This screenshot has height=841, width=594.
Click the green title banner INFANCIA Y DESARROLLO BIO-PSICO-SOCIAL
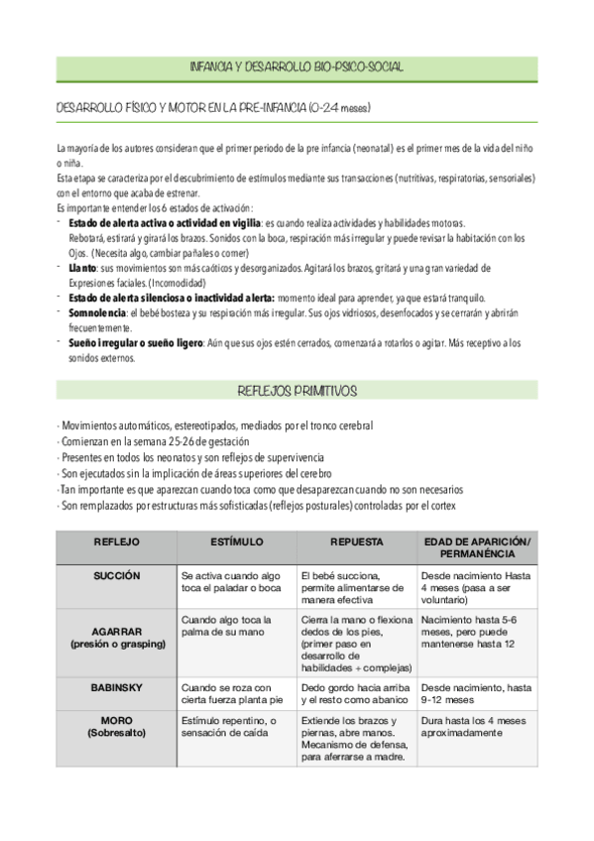pos(297,66)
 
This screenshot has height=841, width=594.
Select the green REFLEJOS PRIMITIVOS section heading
pos(297,391)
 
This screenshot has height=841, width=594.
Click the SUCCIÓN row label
pos(116,575)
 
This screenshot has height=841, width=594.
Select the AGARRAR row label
pos(116,637)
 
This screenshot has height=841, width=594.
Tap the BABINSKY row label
pos(116,686)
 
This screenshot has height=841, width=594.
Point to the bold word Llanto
pos(83,269)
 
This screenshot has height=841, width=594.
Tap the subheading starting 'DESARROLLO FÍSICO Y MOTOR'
pos(213,106)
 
